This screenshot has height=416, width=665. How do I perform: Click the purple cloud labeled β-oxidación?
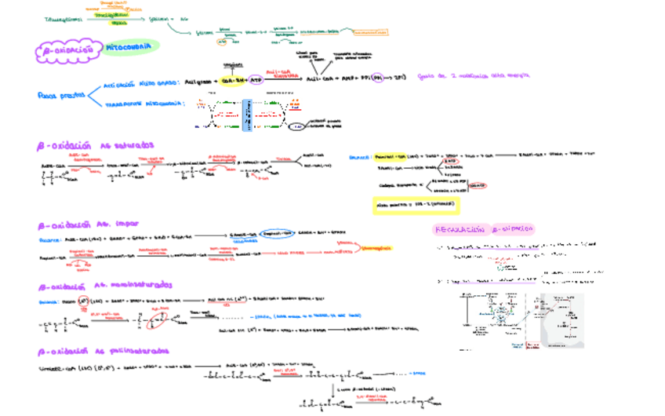tap(68, 51)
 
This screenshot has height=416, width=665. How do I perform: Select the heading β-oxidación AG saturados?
tap(96, 146)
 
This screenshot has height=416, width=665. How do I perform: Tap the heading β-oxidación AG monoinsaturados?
tap(105, 286)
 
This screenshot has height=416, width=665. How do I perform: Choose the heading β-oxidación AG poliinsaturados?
tap(102, 351)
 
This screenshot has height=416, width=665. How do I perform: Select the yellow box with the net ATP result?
tap(416, 206)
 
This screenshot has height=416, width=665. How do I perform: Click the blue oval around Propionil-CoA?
tap(277, 233)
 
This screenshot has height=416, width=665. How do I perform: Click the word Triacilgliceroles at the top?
tap(64, 19)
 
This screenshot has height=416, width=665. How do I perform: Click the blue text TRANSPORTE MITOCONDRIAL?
tap(143, 103)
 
